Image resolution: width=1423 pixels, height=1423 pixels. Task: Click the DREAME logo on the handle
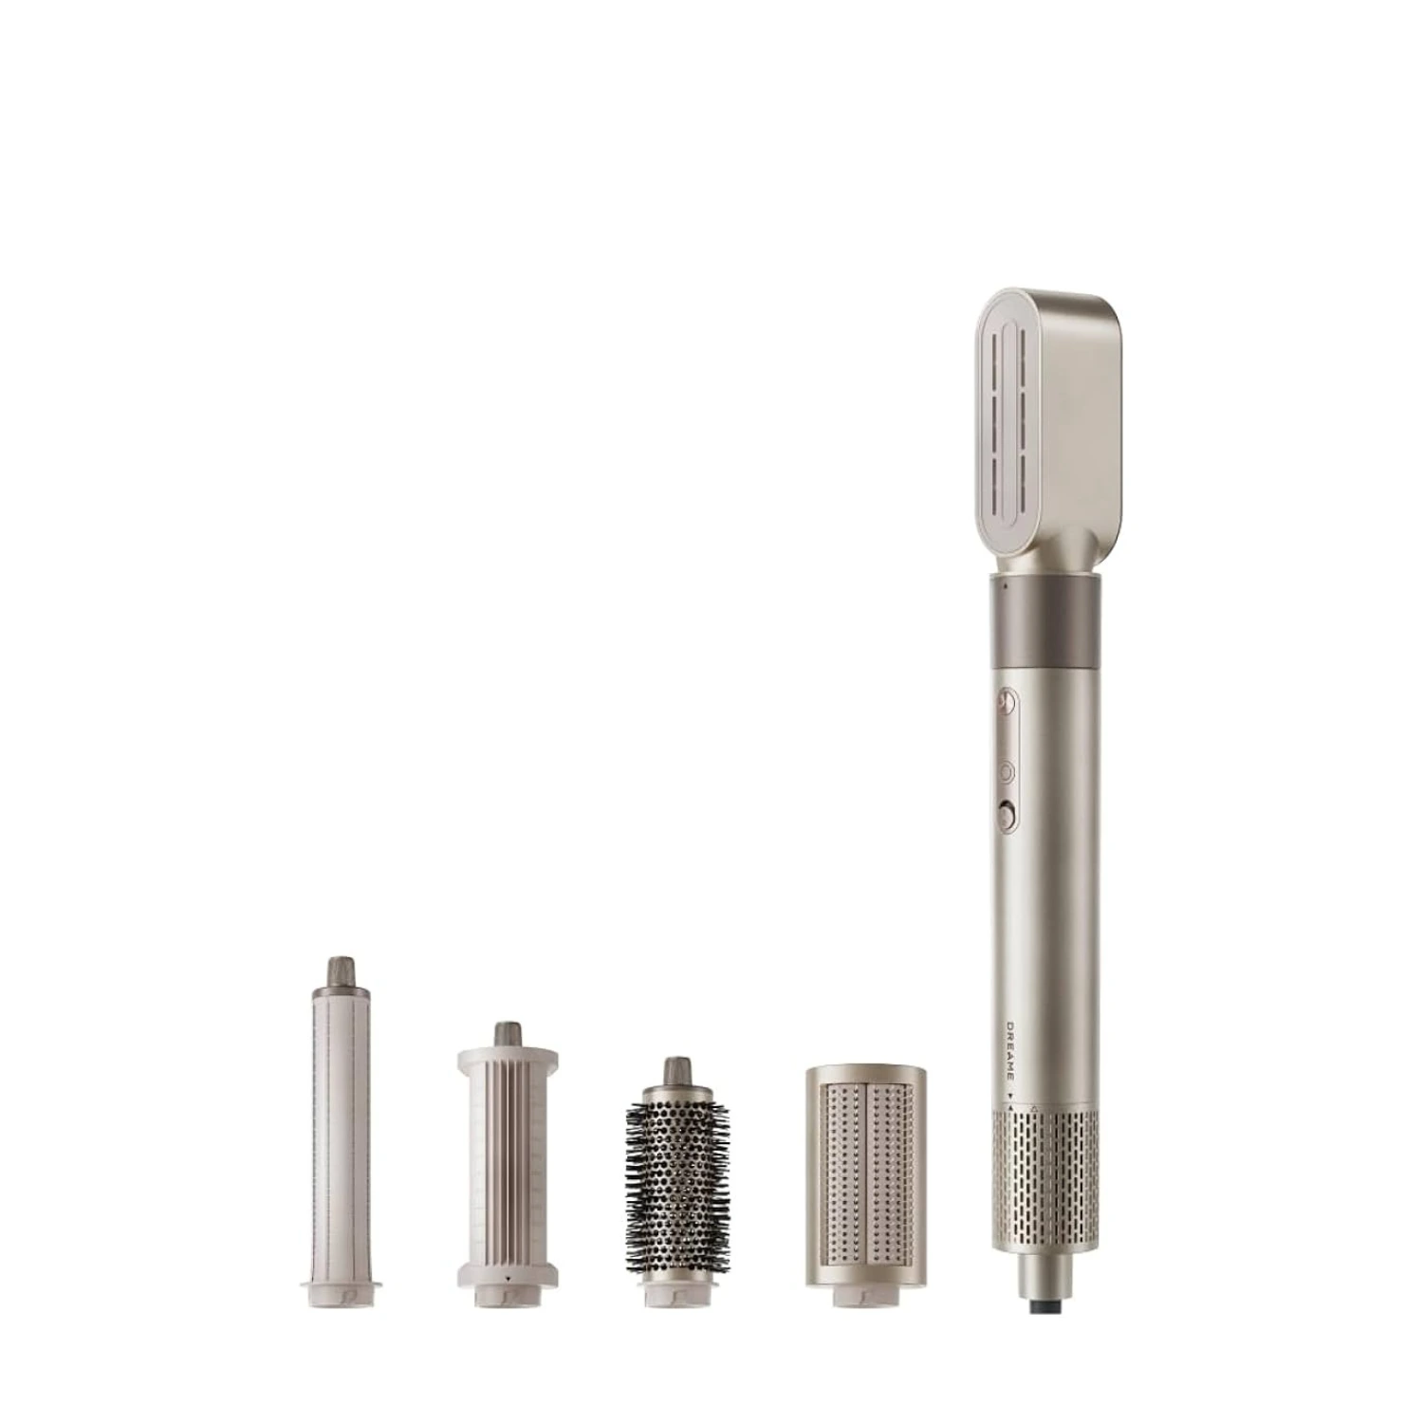click(1010, 1050)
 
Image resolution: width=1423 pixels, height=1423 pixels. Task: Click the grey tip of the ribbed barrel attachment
click(508, 1034)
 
